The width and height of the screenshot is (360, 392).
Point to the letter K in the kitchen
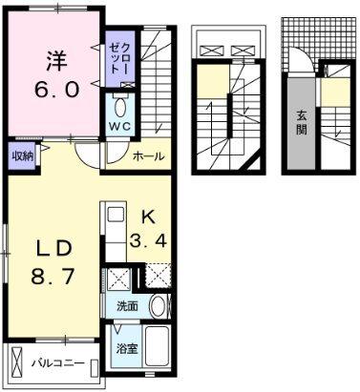tap(149, 216)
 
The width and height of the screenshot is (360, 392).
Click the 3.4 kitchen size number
tap(149, 240)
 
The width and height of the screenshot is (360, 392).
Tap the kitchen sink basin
tap(112, 214)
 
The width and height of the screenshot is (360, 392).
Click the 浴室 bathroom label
tap(125, 347)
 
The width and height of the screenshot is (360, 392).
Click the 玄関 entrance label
tap(300, 121)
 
